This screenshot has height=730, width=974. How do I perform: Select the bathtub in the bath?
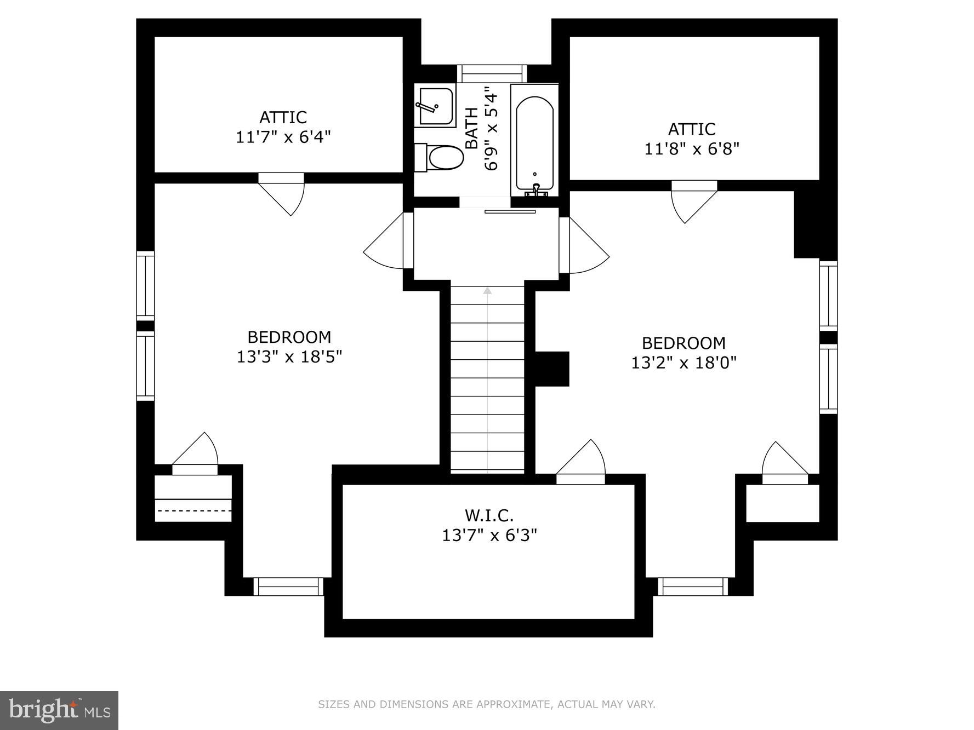(x=534, y=142)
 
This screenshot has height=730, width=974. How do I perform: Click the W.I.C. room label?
(x=489, y=515)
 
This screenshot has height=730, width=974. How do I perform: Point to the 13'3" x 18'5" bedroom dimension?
(x=289, y=357)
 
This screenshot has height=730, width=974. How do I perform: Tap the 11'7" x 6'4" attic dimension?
(x=283, y=137)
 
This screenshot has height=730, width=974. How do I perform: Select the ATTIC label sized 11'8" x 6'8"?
(x=691, y=129)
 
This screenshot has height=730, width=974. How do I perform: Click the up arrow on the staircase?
(x=487, y=291)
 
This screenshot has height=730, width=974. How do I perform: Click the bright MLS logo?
(x=59, y=710)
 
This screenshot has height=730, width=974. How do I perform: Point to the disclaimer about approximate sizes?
(x=486, y=704)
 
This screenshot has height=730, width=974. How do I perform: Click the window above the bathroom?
(x=492, y=73)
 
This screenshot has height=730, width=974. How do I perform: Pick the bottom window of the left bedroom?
(x=288, y=587)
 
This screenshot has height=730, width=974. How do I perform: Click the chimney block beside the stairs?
(x=552, y=369)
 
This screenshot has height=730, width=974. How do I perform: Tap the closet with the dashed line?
(x=193, y=499)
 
